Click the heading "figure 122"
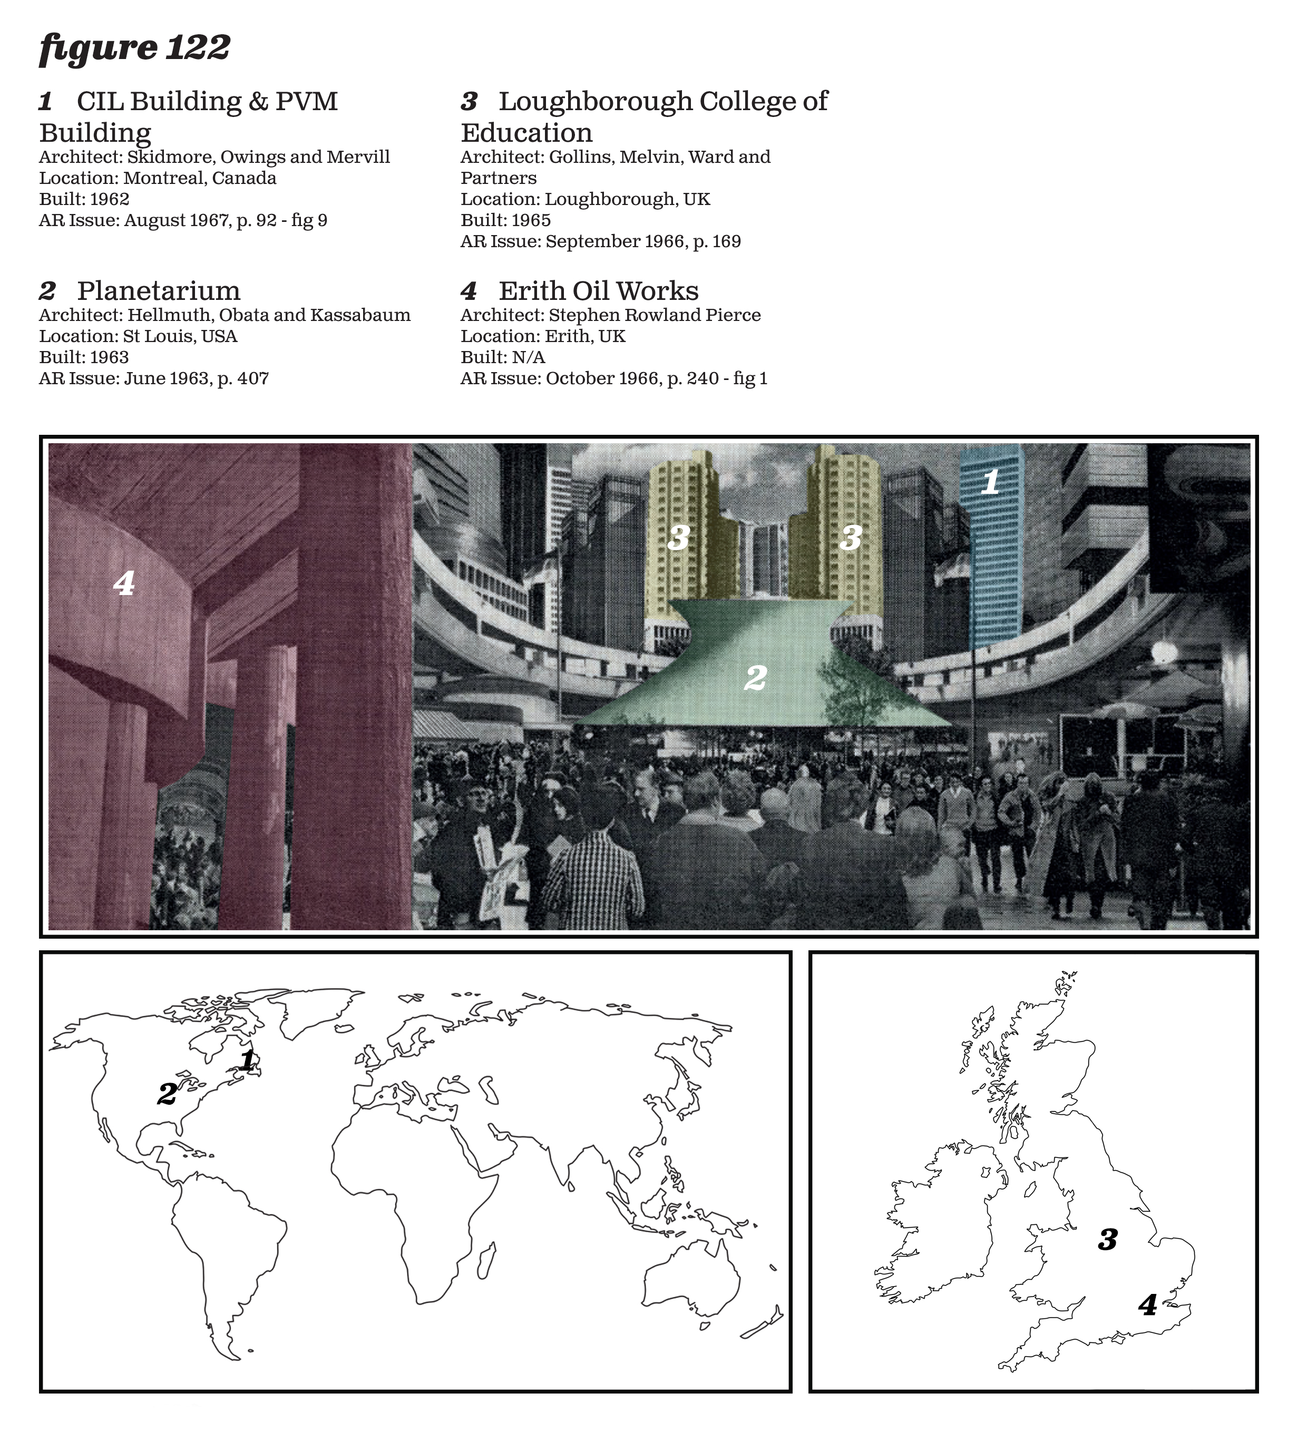[x=135, y=48]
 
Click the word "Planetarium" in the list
[x=159, y=290]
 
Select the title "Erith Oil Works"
[x=598, y=290]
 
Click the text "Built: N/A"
[x=503, y=357]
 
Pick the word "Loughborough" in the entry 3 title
[x=595, y=102]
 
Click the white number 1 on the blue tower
[x=990, y=482]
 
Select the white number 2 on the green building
[x=755, y=678]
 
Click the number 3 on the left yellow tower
[x=678, y=538]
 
